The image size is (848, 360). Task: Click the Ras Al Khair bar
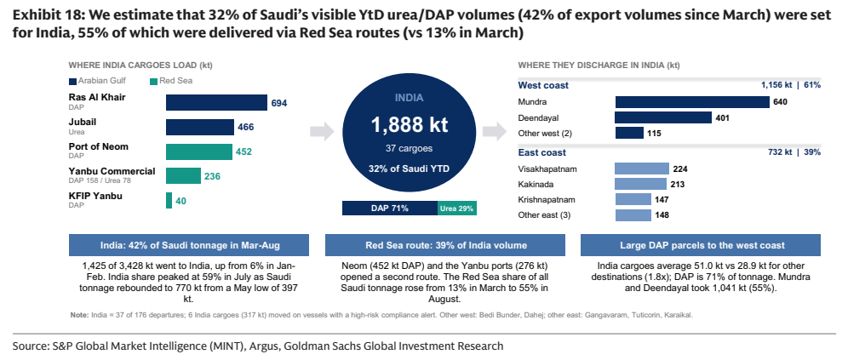(216, 103)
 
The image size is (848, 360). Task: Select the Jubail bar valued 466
(200, 127)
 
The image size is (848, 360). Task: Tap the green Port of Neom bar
(199, 151)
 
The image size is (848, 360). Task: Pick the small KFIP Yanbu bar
(169, 201)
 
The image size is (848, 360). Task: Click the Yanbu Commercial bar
(183, 176)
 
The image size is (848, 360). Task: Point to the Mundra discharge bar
(692, 101)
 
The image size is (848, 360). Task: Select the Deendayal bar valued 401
(663, 117)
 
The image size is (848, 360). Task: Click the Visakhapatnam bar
(642, 169)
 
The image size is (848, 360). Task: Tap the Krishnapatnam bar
(633, 199)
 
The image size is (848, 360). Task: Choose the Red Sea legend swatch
(153, 81)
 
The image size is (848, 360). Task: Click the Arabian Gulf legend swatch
(72, 81)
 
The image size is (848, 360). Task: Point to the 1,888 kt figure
(410, 125)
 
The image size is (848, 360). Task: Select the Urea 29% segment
(457, 209)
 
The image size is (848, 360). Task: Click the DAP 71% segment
(390, 209)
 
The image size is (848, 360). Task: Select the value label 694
(279, 103)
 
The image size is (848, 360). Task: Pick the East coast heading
(541, 152)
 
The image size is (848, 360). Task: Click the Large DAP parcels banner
(701, 245)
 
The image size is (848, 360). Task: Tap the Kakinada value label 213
(677, 185)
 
